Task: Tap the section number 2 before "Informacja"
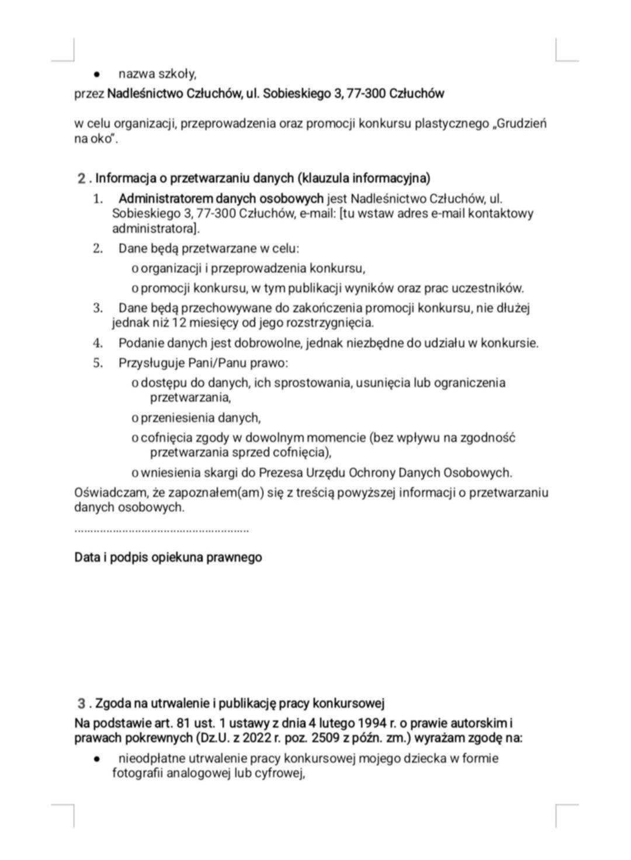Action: (82, 178)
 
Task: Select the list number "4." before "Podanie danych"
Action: (98, 343)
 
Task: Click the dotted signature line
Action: (161, 530)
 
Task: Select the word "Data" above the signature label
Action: (86, 557)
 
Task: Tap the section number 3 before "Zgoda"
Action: (82, 703)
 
